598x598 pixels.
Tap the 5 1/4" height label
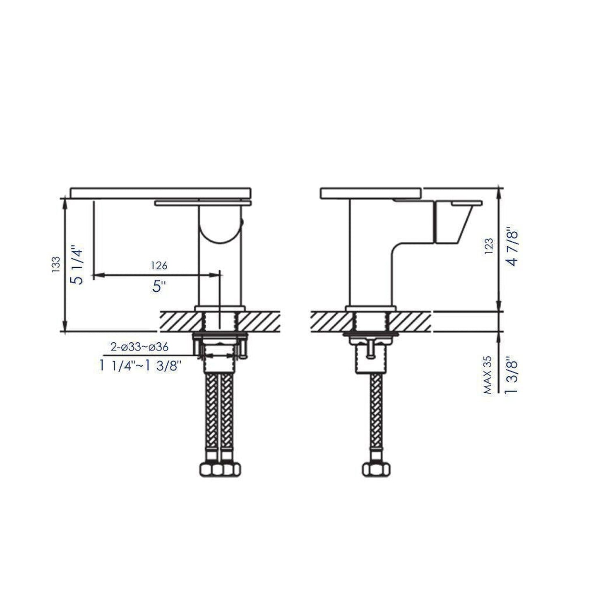[x=77, y=266]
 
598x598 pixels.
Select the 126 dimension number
[x=159, y=265]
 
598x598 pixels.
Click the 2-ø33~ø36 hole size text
[x=139, y=347]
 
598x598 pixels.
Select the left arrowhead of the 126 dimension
[x=98, y=274]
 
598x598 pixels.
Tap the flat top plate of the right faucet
[x=371, y=193]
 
